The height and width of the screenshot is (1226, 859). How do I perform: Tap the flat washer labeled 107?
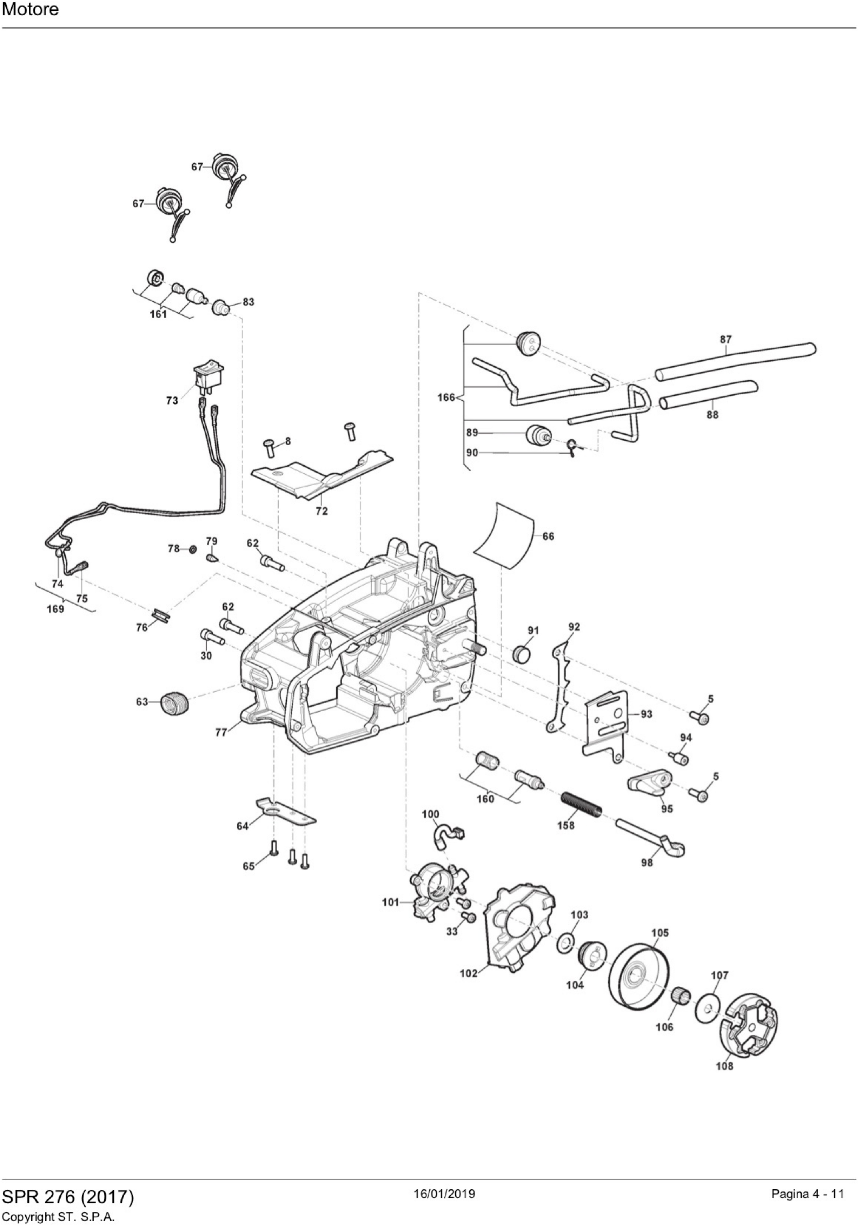[x=708, y=1008]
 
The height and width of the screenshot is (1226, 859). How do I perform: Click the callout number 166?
[x=446, y=397]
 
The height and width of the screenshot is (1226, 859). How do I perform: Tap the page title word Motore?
[x=31, y=10]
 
